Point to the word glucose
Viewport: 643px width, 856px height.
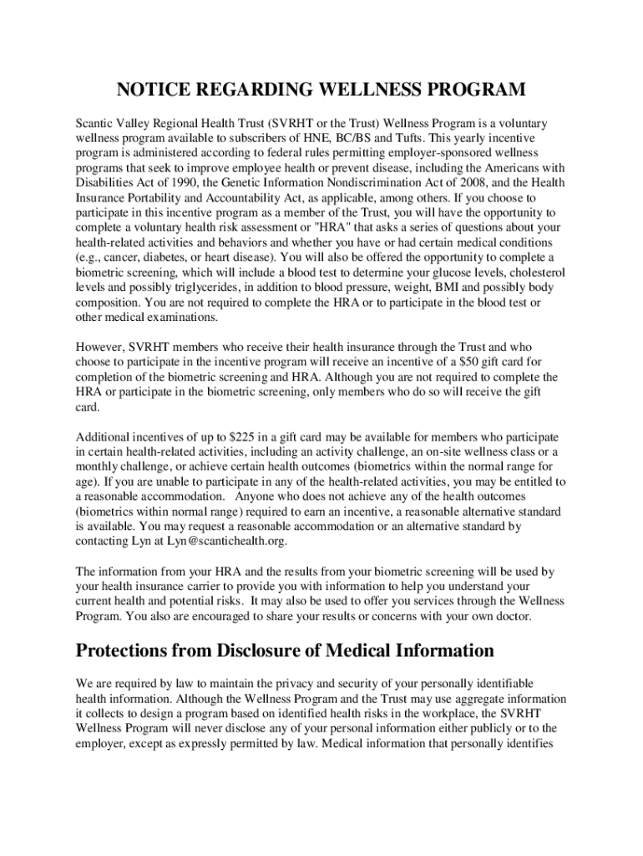point(453,273)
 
